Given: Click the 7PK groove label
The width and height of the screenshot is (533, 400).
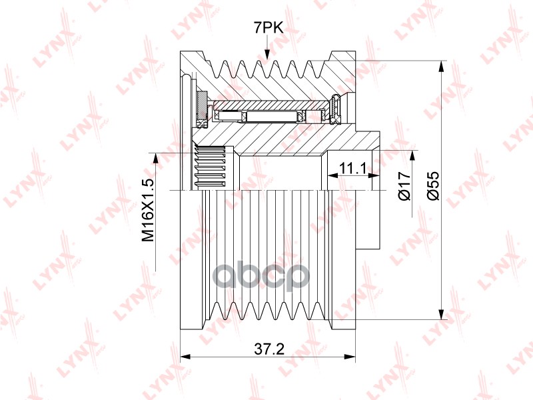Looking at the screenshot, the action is pyautogui.click(x=268, y=27).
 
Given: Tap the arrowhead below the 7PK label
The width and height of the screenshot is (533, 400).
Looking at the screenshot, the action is pyautogui.click(x=267, y=55).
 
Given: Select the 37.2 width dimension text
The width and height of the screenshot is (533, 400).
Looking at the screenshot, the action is pyautogui.click(x=269, y=349).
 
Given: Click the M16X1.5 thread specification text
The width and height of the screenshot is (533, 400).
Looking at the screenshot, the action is pyautogui.click(x=148, y=210).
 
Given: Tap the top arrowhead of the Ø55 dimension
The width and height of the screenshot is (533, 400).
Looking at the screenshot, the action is pyautogui.click(x=441, y=66).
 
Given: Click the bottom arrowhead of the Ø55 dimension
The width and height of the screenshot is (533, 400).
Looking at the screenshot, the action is pyautogui.click(x=441, y=314).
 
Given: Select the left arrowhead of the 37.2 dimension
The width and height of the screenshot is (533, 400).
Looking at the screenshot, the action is pyautogui.click(x=186, y=357).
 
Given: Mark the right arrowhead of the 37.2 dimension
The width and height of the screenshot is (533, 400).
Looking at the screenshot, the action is pyautogui.click(x=349, y=357).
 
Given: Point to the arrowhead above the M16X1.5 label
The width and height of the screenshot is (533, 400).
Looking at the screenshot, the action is pyautogui.click(x=156, y=159).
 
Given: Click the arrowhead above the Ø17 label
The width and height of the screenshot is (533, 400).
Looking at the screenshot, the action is pyautogui.click(x=412, y=156).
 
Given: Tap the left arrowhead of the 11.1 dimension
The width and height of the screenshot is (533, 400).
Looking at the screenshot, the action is pyautogui.click(x=332, y=175).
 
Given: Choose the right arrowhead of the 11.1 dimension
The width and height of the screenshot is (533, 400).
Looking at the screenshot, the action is pyautogui.click(x=374, y=175).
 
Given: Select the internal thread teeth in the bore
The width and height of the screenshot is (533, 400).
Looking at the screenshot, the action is pyautogui.click(x=210, y=167).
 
